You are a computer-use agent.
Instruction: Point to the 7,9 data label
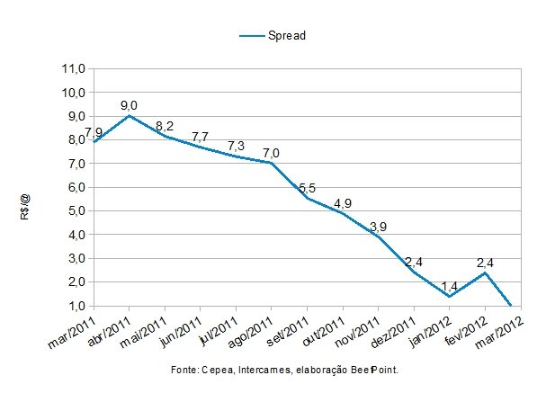pyautogui.click(x=94, y=131)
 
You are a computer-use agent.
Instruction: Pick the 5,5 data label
pyautogui.click(x=307, y=187)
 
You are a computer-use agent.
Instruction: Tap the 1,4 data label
pyautogui.click(x=449, y=286)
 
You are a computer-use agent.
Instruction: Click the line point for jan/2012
pyautogui.click(x=449, y=296)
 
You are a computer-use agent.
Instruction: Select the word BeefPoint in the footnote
pyautogui.click(x=374, y=371)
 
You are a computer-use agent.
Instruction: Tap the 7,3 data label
pyautogui.click(x=236, y=146)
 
